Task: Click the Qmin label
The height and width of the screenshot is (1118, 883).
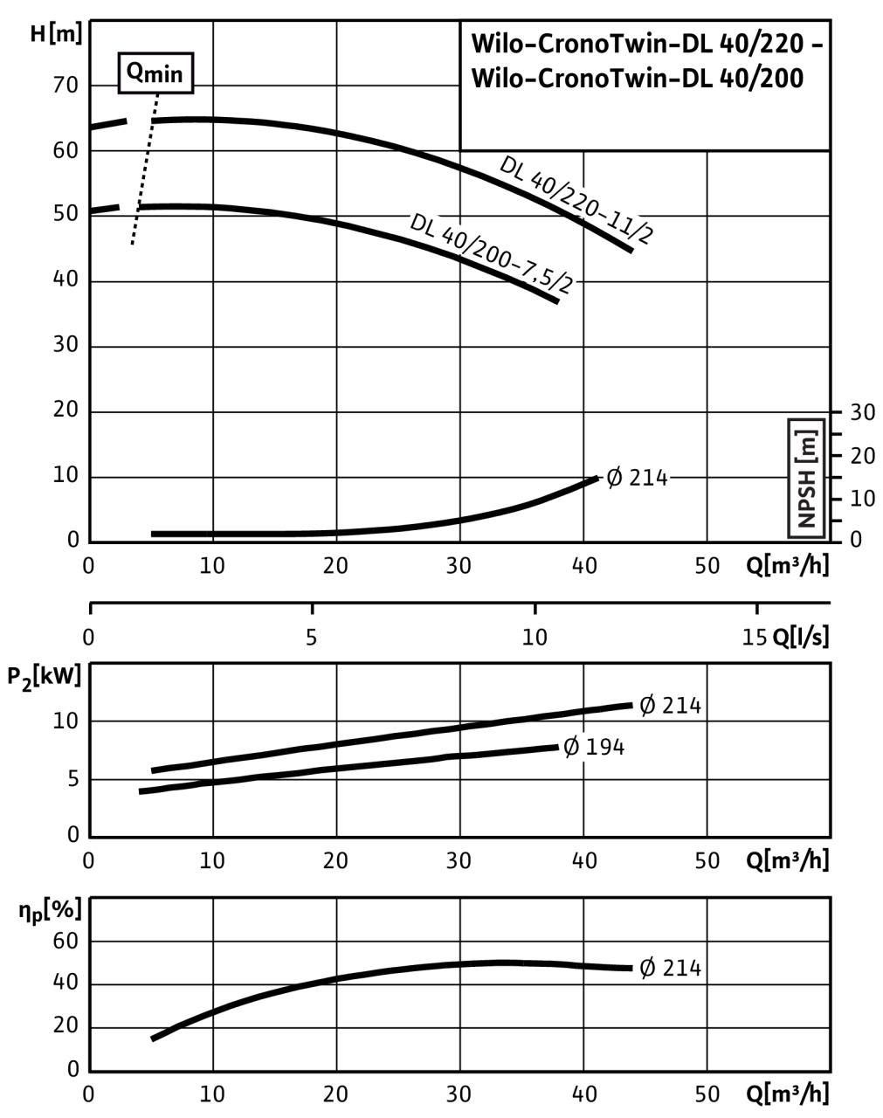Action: [x=155, y=73]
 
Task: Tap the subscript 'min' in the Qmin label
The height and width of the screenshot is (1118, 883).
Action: [x=164, y=76]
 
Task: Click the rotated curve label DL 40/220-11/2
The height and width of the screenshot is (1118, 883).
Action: [x=577, y=201]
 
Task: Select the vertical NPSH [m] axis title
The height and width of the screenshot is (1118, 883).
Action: [x=806, y=479]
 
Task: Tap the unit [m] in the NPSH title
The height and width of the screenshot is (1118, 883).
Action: [x=806, y=444]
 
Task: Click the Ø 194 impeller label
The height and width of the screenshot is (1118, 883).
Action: [x=594, y=748]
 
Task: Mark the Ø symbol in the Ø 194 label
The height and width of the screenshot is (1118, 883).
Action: [x=572, y=748]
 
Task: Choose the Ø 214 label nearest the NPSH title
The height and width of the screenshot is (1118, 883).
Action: [x=637, y=479]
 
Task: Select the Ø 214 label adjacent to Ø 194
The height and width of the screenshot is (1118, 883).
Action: [x=670, y=705]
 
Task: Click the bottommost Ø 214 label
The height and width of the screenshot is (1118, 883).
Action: [x=670, y=968]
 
